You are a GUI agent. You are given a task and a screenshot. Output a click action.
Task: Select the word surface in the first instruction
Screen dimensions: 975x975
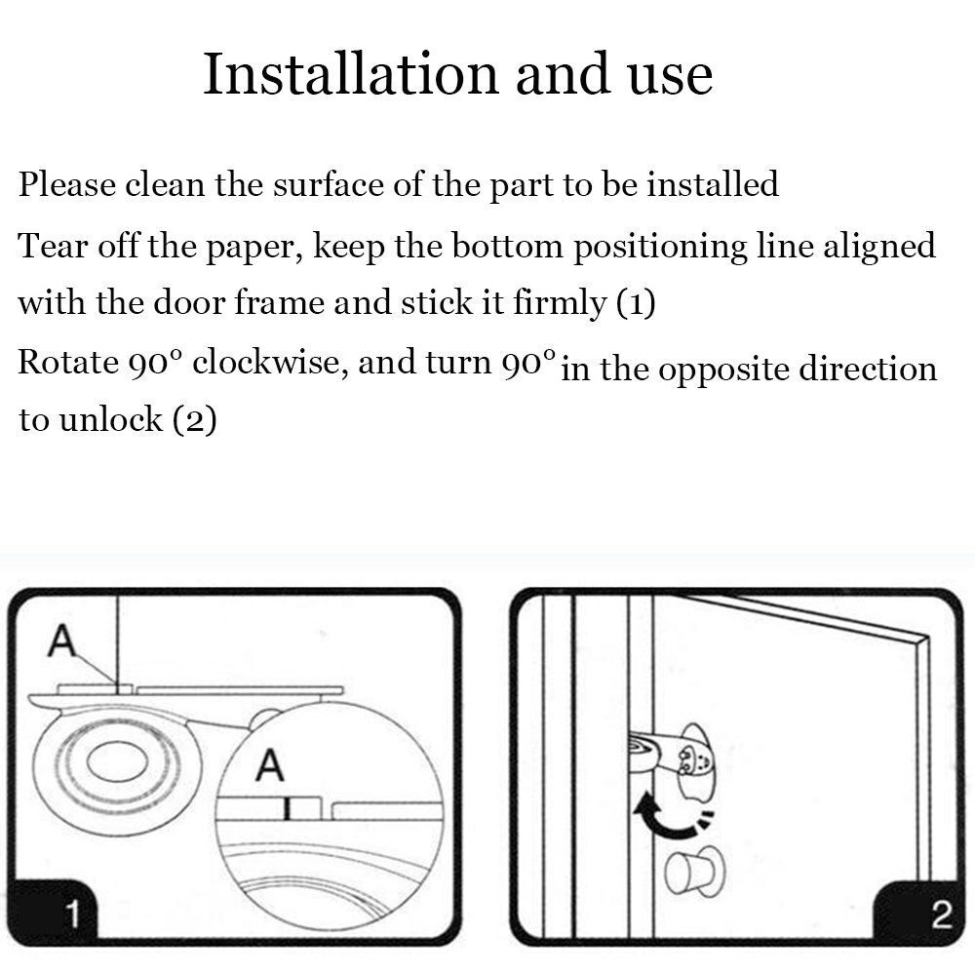328,184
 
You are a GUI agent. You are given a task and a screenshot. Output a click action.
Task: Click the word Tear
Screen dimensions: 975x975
53,245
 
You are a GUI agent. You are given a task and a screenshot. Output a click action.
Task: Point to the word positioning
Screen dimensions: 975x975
660,248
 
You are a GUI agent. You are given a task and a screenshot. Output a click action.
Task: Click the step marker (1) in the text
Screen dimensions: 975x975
636,304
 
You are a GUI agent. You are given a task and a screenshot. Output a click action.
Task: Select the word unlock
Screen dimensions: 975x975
111,418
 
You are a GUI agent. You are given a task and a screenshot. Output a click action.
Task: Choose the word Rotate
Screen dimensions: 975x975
68,363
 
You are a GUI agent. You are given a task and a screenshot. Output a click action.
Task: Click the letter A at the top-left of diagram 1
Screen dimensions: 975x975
61,640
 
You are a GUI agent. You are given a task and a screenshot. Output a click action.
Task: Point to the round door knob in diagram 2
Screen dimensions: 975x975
695,872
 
